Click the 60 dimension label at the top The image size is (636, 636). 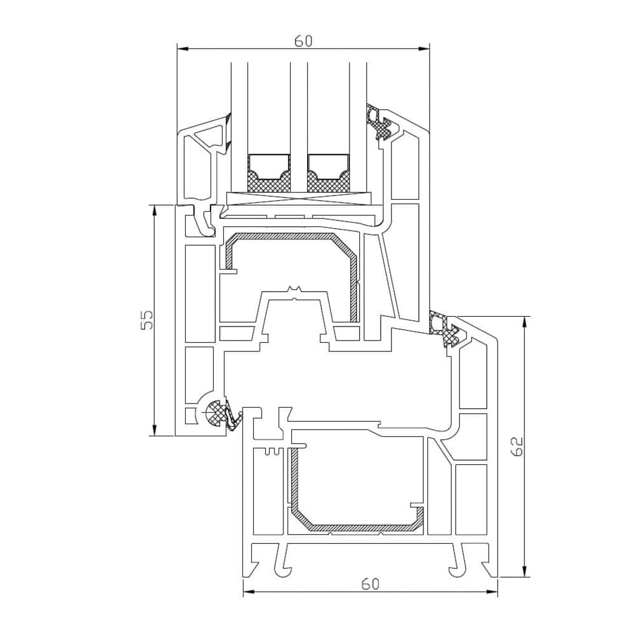[303, 41]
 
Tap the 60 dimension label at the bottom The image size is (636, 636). [370, 584]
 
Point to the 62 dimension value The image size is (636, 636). [516, 447]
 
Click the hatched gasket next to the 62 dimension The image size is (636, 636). [444, 328]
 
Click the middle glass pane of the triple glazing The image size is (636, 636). [298, 121]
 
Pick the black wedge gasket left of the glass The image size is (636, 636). [228, 134]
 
